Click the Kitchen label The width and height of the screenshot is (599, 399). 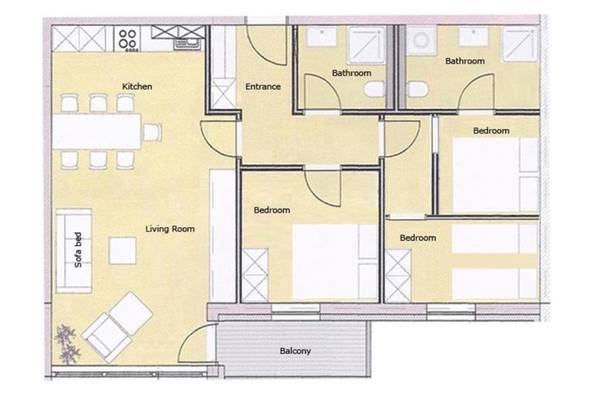(137, 87)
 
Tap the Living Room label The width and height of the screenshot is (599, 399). (170, 229)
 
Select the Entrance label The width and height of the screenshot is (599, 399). (263, 87)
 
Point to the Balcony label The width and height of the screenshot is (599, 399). (295, 351)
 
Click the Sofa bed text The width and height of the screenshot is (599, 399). (78, 250)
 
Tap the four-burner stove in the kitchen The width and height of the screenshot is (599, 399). (127, 39)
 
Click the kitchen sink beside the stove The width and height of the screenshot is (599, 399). (185, 44)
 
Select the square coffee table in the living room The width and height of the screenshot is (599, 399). (123, 251)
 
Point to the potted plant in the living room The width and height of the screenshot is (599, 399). (66, 344)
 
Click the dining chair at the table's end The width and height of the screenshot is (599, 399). (152, 132)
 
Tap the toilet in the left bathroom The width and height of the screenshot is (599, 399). (374, 90)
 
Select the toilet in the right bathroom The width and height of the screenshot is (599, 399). (418, 90)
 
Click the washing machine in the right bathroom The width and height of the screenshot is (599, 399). (421, 41)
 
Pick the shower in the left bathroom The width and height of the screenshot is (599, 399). (366, 44)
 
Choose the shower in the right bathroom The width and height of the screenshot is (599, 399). (520, 44)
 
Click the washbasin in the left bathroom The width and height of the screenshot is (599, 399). (322, 36)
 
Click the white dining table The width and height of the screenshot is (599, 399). (97, 131)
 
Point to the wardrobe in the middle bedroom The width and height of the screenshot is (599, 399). (255, 275)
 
